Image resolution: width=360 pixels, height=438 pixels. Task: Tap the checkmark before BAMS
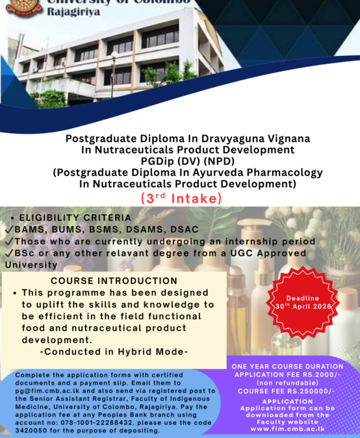[8, 229]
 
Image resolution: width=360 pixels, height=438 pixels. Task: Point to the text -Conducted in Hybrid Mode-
[114, 352]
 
